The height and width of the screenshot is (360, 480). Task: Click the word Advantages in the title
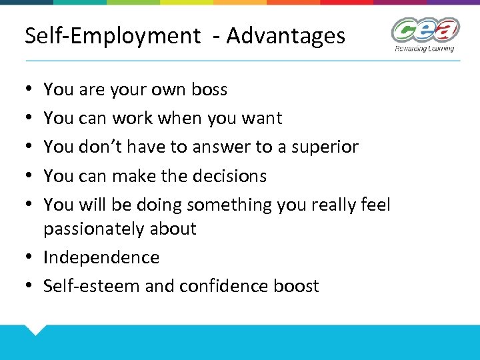(286, 35)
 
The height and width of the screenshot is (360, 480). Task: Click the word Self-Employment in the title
(112, 35)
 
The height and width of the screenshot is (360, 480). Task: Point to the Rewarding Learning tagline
(424, 49)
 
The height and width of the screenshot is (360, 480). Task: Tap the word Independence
(101, 257)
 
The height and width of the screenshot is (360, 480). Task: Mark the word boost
(297, 286)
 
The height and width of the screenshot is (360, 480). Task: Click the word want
(264, 119)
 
